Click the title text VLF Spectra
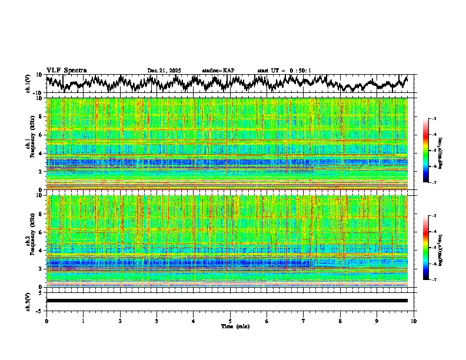(66, 71)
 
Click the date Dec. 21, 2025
(164, 71)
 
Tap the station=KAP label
(218, 71)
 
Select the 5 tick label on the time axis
(230, 321)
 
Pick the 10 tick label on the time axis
(414, 321)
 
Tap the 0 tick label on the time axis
(46, 321)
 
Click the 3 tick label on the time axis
(157, 321)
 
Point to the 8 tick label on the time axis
(340, 321)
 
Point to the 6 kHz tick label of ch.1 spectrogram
(42, 135)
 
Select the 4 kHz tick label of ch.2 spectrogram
(42, 251)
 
